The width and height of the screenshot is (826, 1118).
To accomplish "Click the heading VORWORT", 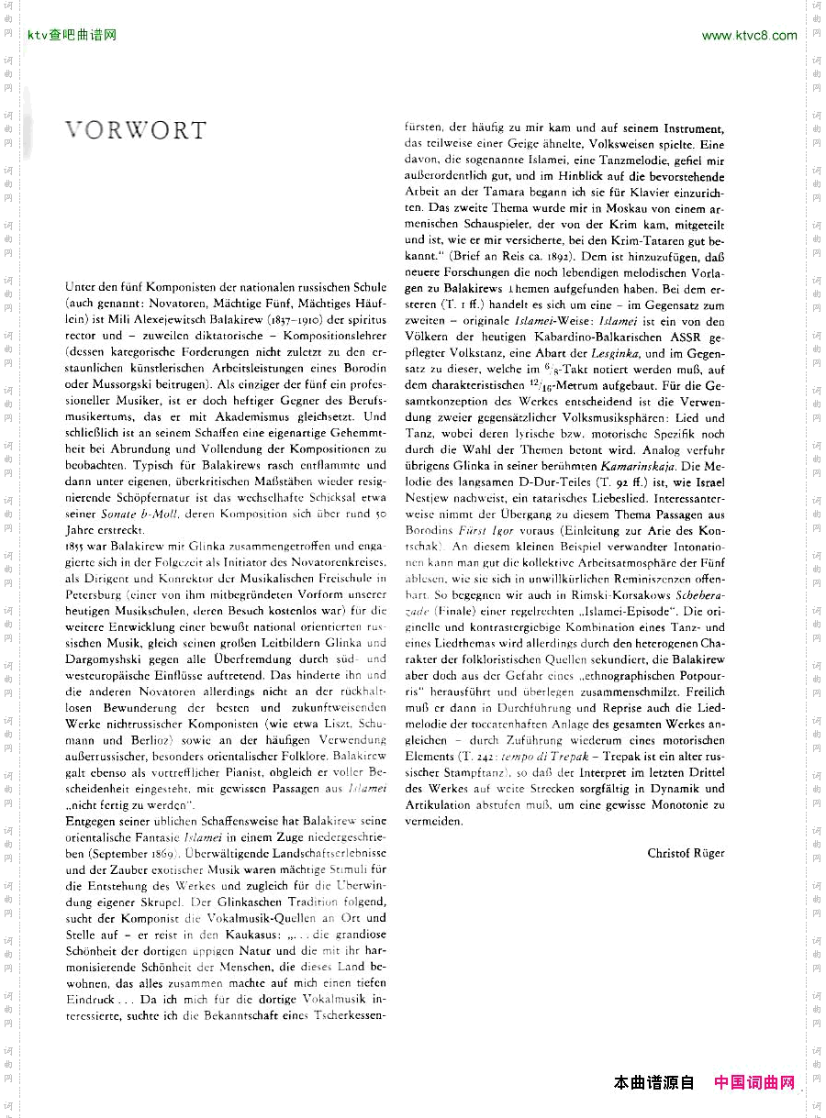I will point(136,130).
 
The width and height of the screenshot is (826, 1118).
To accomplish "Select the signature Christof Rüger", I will point(686,853).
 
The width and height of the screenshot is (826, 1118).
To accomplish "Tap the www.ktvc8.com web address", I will point(749,36).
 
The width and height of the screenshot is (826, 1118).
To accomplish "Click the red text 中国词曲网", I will point(754,1082).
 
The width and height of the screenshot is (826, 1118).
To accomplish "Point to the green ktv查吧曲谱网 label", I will point(73,36).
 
